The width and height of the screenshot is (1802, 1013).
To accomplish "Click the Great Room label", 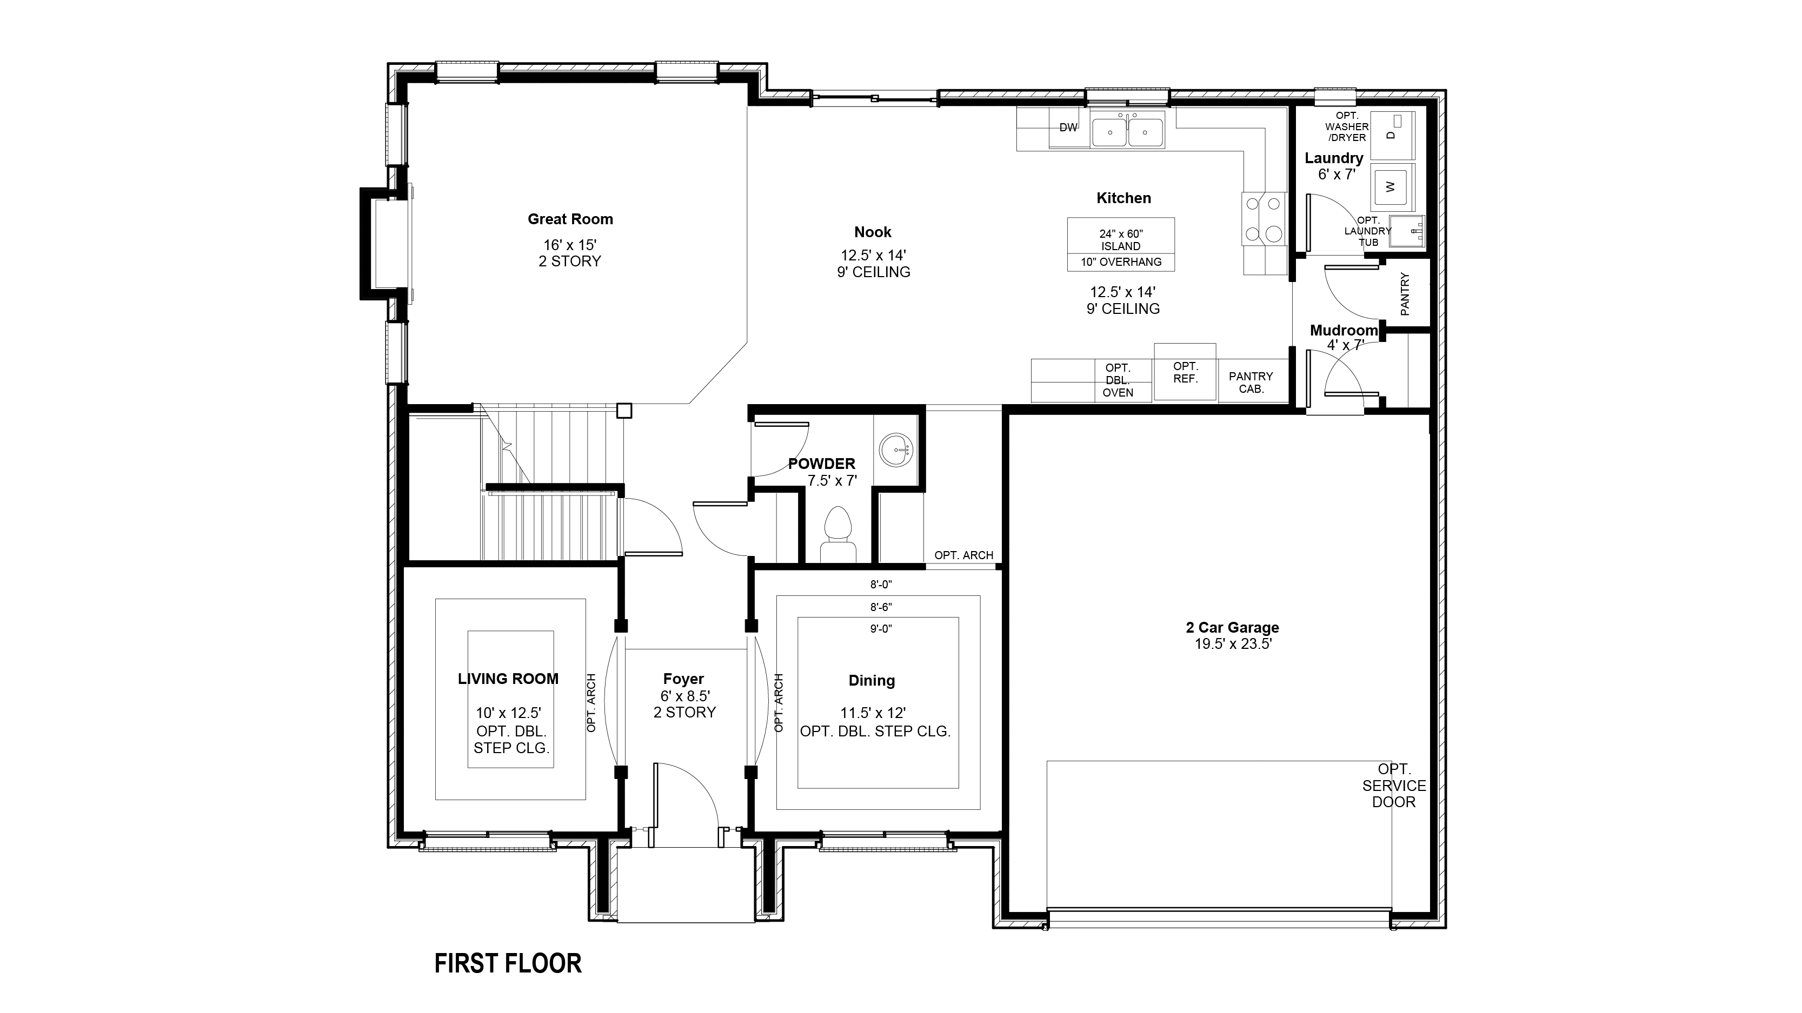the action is pyautogui.click(x=570, y=219).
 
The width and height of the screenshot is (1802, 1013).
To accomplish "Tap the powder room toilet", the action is pyautogui.click(x=838, y=535).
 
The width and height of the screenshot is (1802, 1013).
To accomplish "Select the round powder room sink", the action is pyautogui.click(x=895, y=450).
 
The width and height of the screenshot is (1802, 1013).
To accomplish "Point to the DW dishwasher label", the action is pyautogui.click(x=1068, y=128).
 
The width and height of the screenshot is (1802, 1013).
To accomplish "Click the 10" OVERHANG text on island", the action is pyautogui.click(x=1121, y=262).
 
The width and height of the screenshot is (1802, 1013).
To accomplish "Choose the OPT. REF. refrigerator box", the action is pyautogui.click(x=1185, y=371).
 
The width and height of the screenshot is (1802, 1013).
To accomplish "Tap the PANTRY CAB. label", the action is pyautogui.click(x=1251, y=383).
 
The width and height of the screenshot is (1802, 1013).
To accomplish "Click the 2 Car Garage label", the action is pyautogui.click(x=1233, y=628).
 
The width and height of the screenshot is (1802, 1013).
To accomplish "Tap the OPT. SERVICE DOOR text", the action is pyautogui.click(x=1393, y=786).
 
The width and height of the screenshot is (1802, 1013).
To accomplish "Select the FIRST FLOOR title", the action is pyautogui.click(x=508, y=963).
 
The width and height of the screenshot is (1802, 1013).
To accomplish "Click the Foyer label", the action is pyautogui.click(x=683, y=679).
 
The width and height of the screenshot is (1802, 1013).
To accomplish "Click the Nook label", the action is pyautogui.click(x=873, y=232).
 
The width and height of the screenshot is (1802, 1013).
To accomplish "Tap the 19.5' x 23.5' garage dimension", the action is pyautogui.click(x=1233, y=645).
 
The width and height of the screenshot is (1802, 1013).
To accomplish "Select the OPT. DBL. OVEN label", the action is pyautogui.click(x=1118, y=380).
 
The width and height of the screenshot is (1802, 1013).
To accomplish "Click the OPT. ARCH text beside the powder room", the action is pyautogui.click(x=964, y=555).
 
